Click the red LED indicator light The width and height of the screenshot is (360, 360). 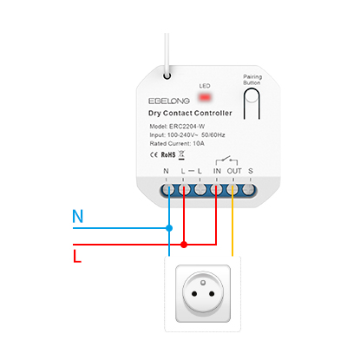pos(205,97)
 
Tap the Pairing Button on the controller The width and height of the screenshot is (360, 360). pos(252,103)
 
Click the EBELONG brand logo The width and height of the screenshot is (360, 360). pos(169,101)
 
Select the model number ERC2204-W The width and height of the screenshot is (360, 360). pos(187,127)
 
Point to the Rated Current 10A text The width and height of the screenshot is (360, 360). pos(177,143)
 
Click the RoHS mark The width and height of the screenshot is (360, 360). pos(168,155)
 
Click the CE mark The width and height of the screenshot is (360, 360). pos(154,155)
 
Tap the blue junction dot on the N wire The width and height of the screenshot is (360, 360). pos(169,228)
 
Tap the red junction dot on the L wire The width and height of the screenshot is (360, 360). pos(184,245)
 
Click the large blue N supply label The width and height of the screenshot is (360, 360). pos(77,216)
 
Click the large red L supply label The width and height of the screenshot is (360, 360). pos(77,256)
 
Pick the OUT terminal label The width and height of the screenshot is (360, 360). pos(234,171)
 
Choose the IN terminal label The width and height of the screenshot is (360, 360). pos(217,171)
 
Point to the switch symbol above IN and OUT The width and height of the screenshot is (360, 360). pos(226,160)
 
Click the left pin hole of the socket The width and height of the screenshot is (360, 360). pos(194,294)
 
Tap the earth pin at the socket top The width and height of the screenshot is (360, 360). pos(203,283)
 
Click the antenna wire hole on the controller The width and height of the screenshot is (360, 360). pos(167,76)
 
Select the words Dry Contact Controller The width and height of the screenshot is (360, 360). pos(190,113)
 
